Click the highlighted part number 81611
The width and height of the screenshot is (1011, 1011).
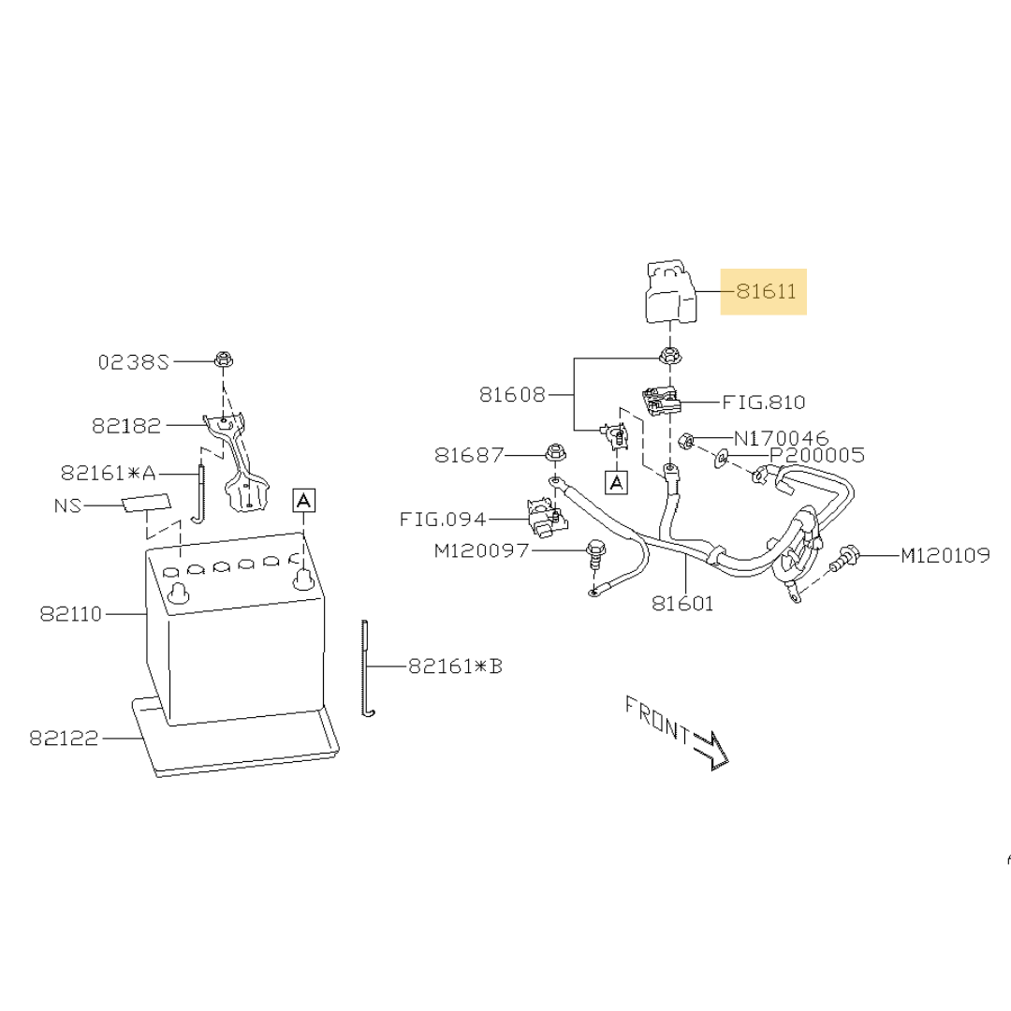click(x=764, y=291)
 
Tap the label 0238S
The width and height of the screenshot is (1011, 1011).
click(x=134, y=361)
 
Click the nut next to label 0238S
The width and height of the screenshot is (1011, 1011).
click(x=223, y=359)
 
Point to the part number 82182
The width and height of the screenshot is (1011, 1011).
click(x=126, y=425)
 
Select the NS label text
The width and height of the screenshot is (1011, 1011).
click(x=68, y=505)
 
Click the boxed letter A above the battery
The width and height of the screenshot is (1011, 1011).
click(x=304, y=500)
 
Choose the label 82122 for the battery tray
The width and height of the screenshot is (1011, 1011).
click(x=64, y=738)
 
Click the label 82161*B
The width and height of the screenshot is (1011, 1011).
click(x=455, y=667)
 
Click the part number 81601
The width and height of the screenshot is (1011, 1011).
click(x=682, y=604)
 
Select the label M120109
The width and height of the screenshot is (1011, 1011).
click(x=945, y=556)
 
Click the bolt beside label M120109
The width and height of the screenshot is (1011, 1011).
click(x=844, y=560)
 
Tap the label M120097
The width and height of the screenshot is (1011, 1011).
click(x=479, y=551)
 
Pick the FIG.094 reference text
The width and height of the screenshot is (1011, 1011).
click(x=443, y=519)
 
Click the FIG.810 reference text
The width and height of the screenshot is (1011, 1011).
click(x=764, y=403)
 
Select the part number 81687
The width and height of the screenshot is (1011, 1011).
click(x=468, y=455)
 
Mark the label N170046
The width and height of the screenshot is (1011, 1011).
click(x=781, y=437)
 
